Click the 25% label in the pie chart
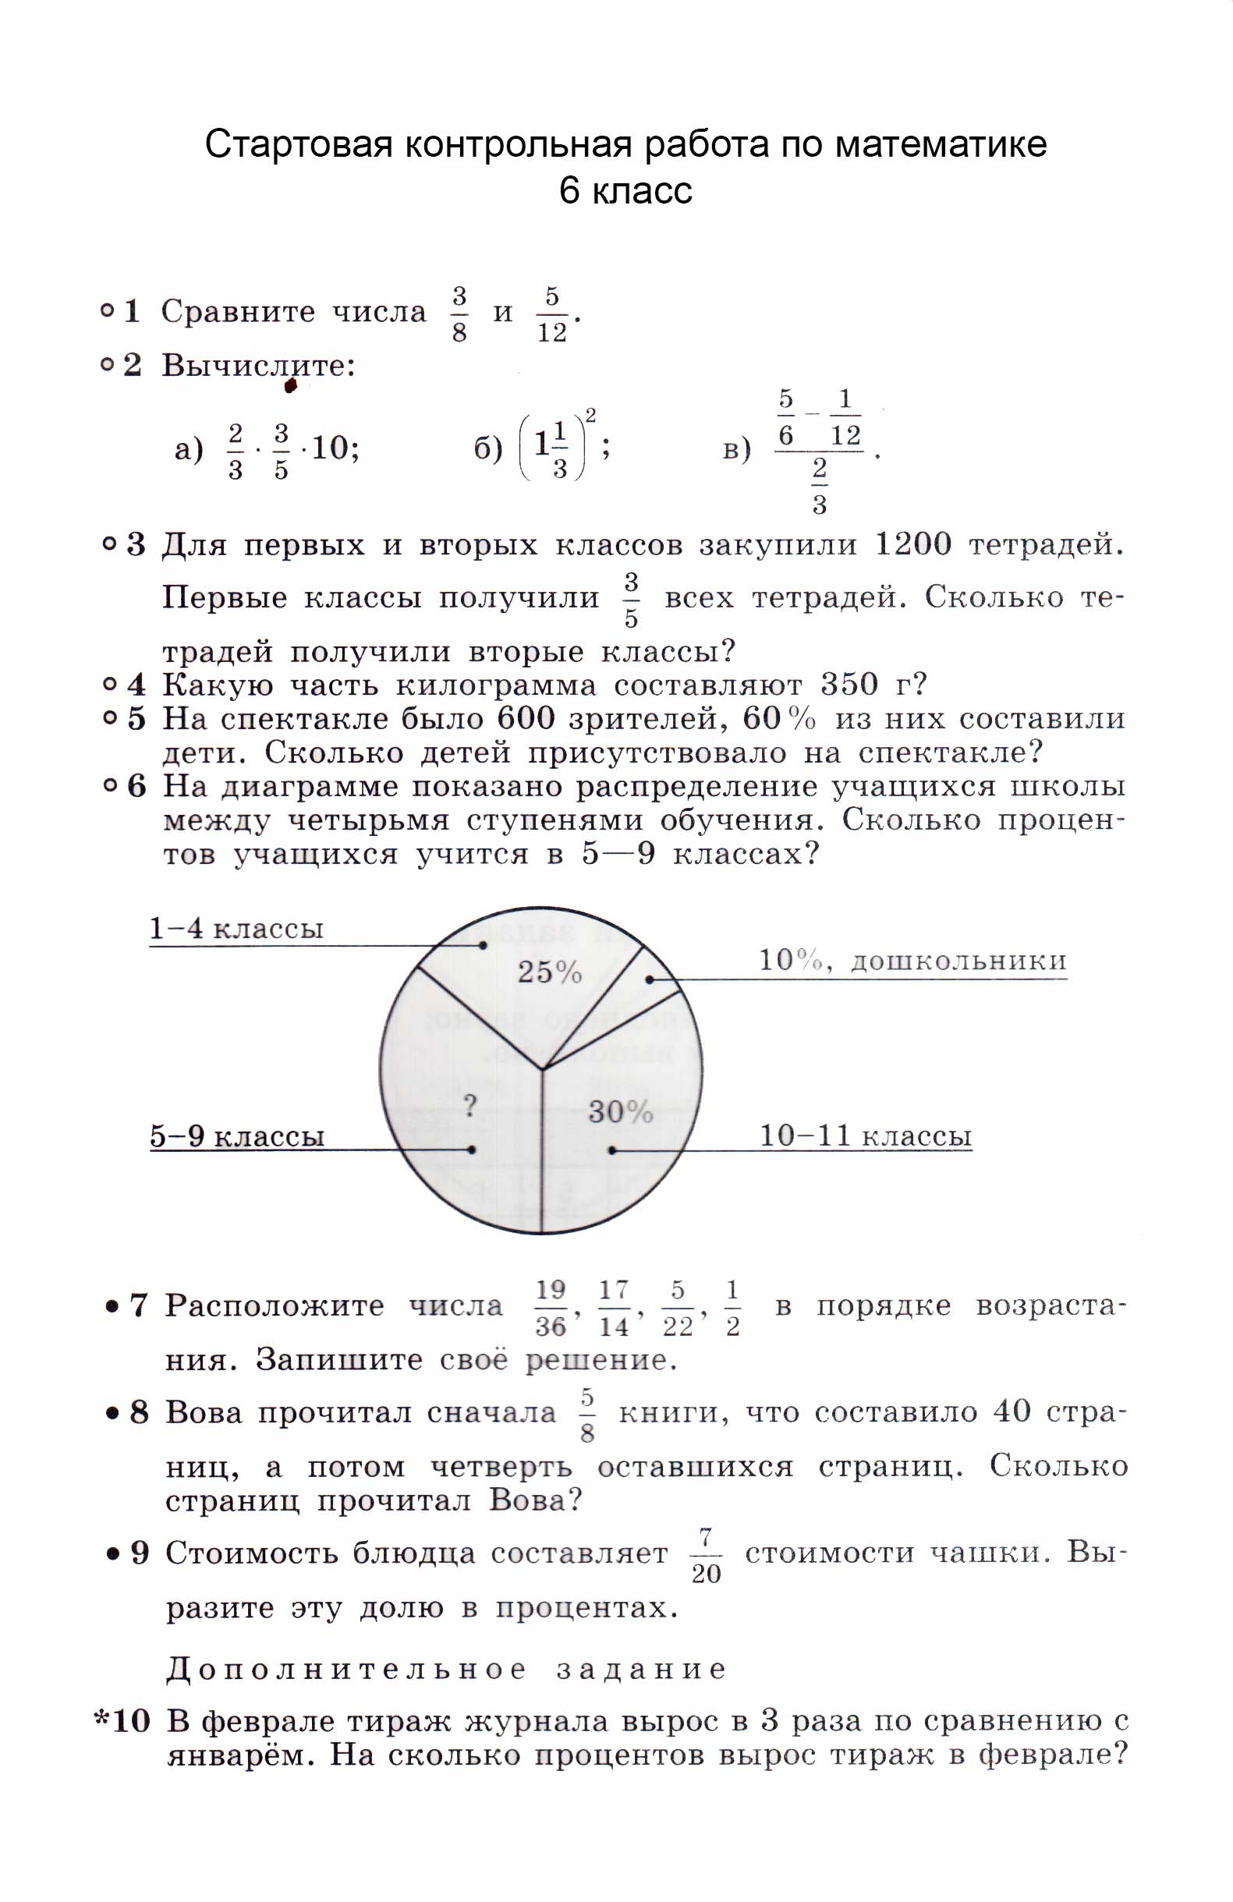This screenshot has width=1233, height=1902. coord(549,972)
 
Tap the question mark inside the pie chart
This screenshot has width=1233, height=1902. coord(471,1106)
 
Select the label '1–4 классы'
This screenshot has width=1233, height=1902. coord(236,929)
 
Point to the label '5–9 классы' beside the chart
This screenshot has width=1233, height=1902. coord(237,1135)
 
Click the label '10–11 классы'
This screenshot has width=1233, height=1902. coord(865,1135)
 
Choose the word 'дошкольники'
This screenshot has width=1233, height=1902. coord(958,961)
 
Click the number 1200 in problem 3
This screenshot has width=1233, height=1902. coord(912,545)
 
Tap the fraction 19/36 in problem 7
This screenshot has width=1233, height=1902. coord(551,1309)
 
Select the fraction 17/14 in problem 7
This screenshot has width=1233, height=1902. coord(614,1309)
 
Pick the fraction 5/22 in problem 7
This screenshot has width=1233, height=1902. coord(678,1309)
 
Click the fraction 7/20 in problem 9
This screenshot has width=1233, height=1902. coord(706,1555)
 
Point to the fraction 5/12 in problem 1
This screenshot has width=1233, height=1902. coord(551,314)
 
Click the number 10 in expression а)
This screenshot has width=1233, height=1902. coord(329,448)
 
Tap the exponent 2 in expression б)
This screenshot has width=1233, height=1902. coord(590,415)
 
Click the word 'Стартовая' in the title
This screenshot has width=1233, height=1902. coord(298,144)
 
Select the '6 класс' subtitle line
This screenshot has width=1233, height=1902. coord(625,190)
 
